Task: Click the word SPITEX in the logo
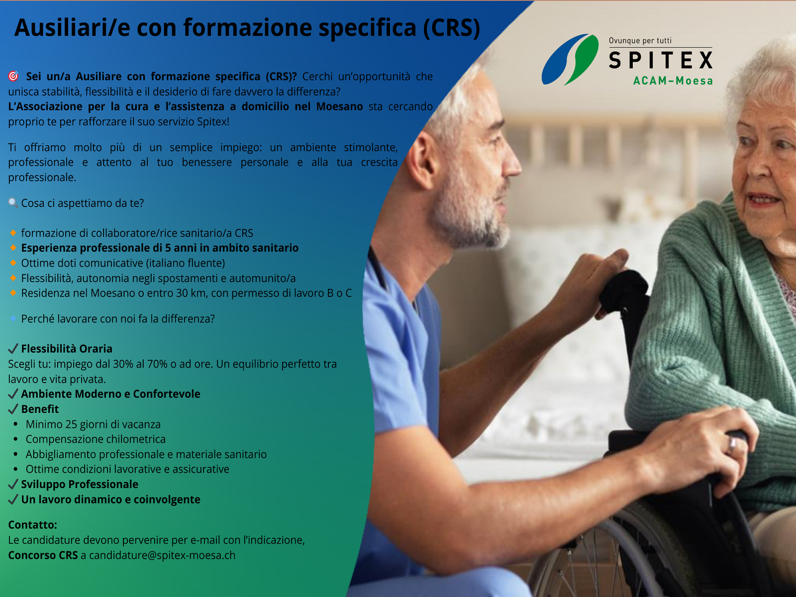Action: (x=660, y=60)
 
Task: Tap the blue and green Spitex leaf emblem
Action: (x=570, y=59)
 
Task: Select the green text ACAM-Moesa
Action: (x=673, y=81)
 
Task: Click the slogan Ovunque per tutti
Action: (x=640, y=41)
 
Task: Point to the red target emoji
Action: (x=13, y=76)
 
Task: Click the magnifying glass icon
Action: (x=13, y=202)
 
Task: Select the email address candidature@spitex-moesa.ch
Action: (x=162, y=555)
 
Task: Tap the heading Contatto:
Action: (x=33, y=524)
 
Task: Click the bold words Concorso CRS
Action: (x=43, y=555)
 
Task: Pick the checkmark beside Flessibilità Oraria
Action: (x=13, y=349)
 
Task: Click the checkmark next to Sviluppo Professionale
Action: (x=13, y=484)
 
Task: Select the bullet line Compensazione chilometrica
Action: (x=96, y=439)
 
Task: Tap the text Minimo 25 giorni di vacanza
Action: (x=93, y=424)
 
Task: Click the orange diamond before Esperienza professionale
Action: (x=13, y=248)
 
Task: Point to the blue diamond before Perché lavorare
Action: (x=13, y=318)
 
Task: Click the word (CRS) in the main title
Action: (x=452, y=28)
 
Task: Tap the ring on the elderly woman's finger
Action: (x=732, y=444)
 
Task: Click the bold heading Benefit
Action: (x=40, y=409)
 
